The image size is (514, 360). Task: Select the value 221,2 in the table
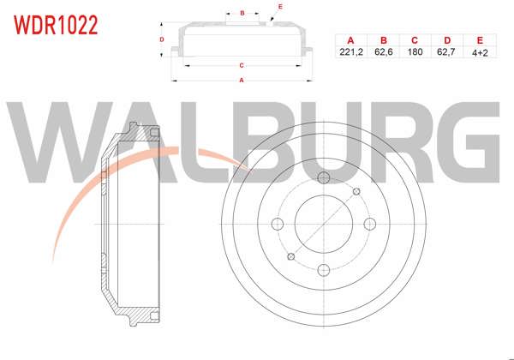click(350, 52)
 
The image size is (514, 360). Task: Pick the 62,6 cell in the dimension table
click(383, 52)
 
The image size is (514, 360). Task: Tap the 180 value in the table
click(415, 52)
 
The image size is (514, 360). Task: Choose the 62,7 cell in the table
click(446, 52)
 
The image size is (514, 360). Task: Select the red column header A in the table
click(350, 40)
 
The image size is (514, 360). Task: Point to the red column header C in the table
click(415, 40)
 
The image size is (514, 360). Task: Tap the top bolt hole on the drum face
click(323, 178)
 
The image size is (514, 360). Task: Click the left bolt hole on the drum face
click(277, 225)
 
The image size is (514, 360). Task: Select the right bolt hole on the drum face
click(369, 224)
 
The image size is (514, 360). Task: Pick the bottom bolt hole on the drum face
click(323, 271)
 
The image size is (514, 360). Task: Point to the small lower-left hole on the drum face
click(290, 256)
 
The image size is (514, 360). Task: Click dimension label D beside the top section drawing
click(161, 39)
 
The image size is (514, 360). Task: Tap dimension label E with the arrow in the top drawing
click(280, 7)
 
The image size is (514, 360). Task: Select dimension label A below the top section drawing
click(242, 81)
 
